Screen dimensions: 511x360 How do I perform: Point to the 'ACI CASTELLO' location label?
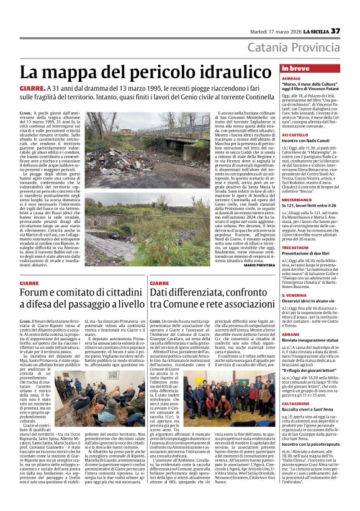point(294,134)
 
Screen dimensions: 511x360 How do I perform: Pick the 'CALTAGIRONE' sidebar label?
point(295,402)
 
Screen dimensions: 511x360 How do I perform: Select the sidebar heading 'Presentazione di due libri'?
point(309,253)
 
